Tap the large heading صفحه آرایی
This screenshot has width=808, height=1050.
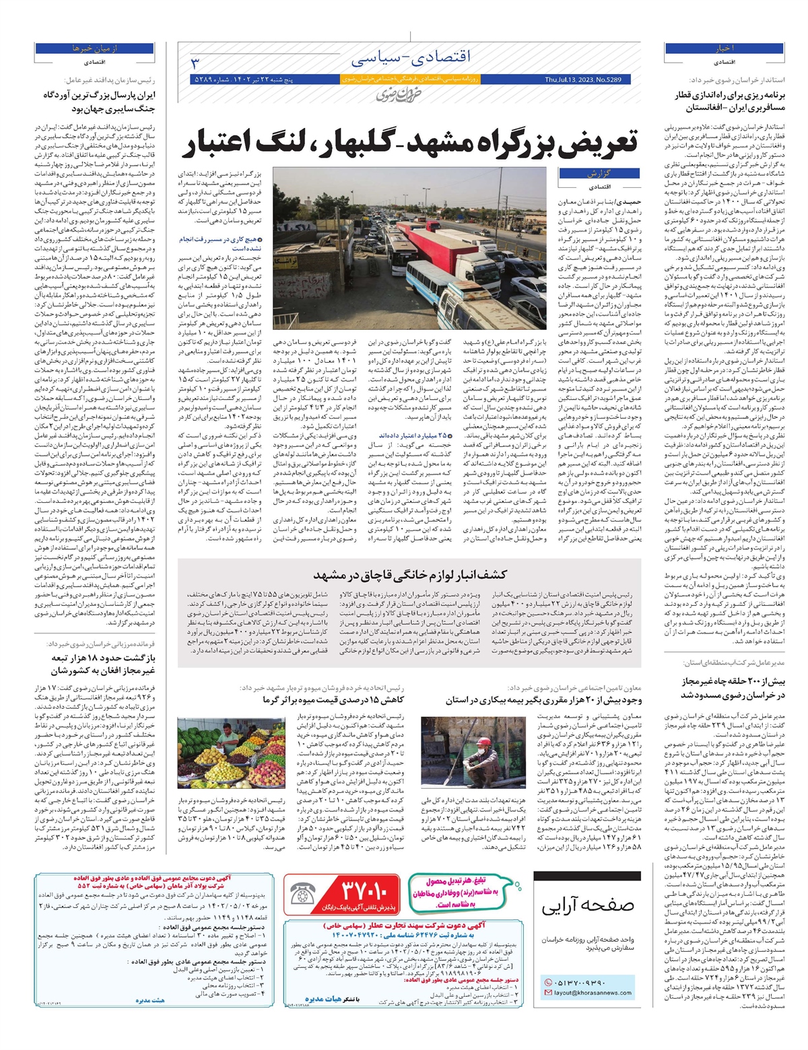[x=588, y=905]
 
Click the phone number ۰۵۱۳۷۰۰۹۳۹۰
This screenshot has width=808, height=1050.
[x=582, y=982]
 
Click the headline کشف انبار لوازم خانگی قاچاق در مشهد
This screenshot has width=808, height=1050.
[x=409, y=575]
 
